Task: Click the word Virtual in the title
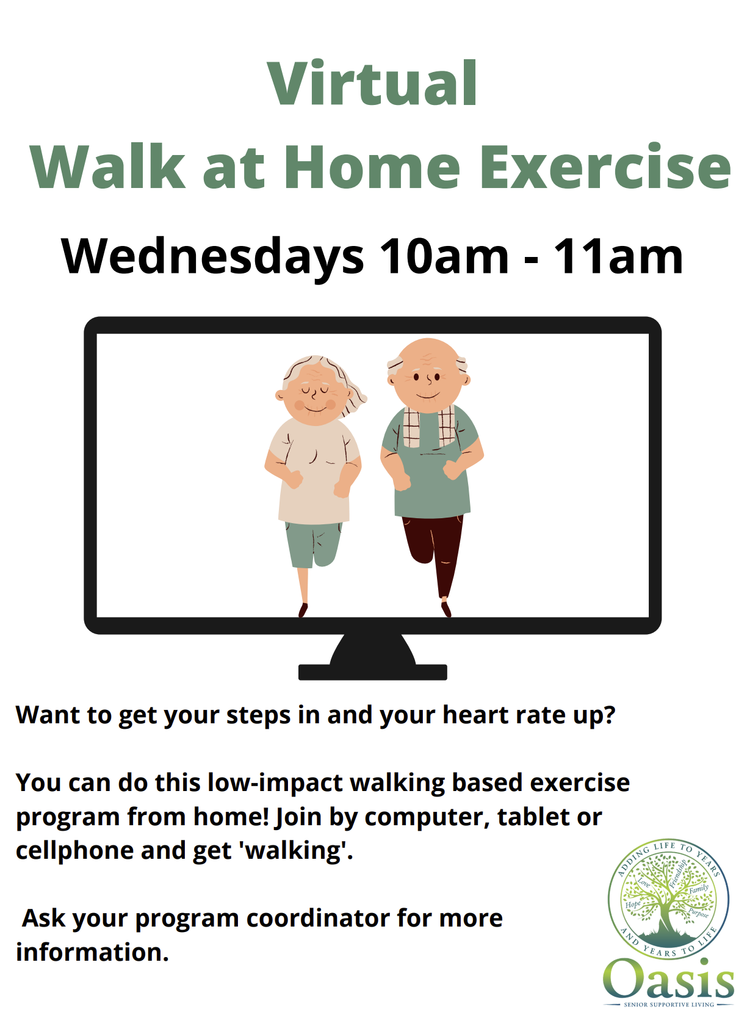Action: [372, 83]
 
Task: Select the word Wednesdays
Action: [212, 256]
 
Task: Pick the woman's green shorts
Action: [313, 544]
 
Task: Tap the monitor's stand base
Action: [372, 671]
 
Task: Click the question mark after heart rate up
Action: [609, 715]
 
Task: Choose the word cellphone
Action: [75, 850]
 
